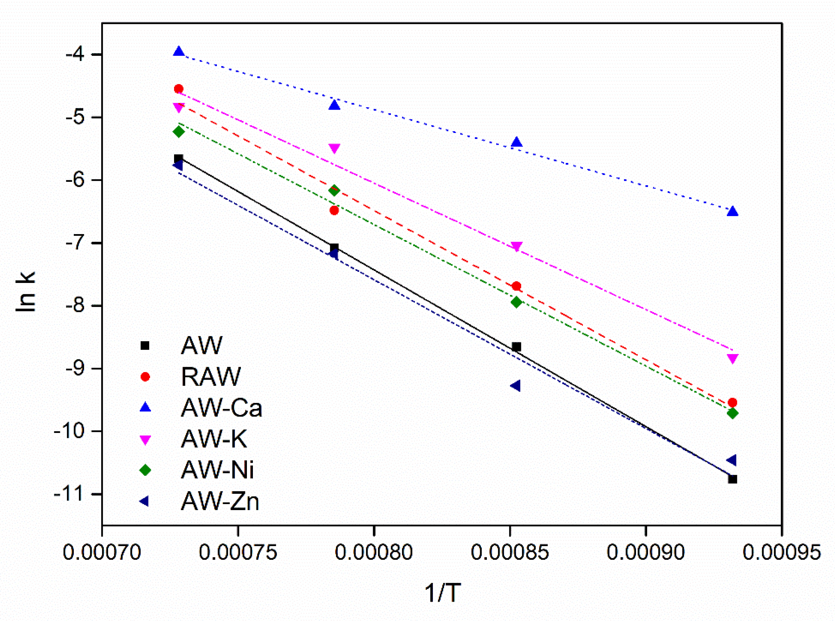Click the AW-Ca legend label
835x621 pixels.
tap(221, 408)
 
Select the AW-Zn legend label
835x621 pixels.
tap(220, 502)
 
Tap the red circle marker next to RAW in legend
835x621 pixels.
tap(145, 377)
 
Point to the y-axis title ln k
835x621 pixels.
tap(26, 291)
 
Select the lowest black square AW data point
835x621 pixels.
tap(732, 479)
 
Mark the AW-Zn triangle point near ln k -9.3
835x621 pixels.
tap(516, 386)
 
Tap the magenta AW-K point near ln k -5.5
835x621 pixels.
tap(334, 148)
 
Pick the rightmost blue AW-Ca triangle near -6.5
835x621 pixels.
tap(732, 212)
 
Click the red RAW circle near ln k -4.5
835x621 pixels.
tap(179, 89)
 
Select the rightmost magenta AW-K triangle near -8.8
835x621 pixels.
tap(732, 358)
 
